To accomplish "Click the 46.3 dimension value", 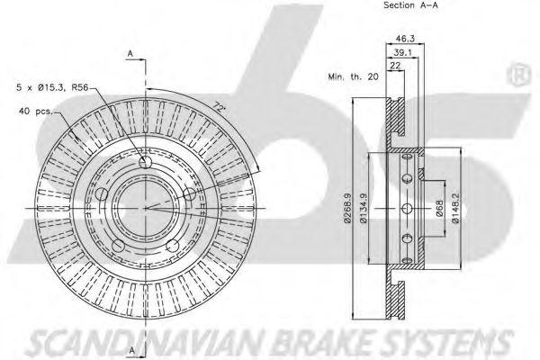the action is tap(405, 39).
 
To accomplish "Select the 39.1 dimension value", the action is tap(402, 52).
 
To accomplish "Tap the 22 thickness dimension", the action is tap(395, 65).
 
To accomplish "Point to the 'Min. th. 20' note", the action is tap(353, 76).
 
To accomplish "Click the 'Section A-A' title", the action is tap(411, 5).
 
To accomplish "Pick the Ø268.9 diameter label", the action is tap(347, 208).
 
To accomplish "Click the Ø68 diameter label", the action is tap(439, 208).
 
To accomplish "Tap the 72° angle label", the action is tap(219, 106).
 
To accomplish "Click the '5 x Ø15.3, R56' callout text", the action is tap(52, 87).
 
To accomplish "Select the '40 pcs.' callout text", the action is tap(36, 112).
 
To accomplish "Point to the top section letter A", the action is tap(130, 54).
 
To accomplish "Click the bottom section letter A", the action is tap(132, 350).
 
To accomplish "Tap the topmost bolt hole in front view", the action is tap(145, 162).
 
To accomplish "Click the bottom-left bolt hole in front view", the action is tap(118, 246).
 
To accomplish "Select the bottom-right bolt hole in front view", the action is tap(173, 246).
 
